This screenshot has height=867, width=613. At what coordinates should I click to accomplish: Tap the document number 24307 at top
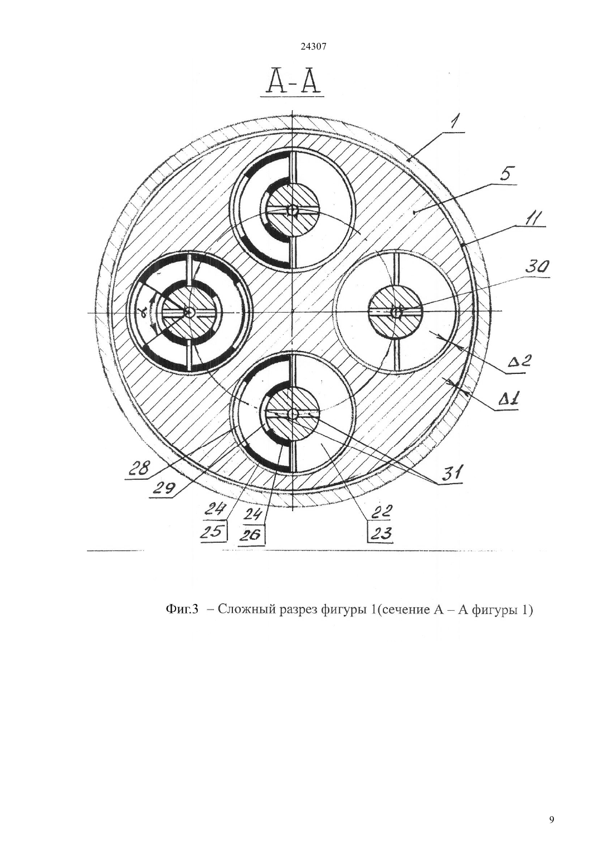[x=314, y=47]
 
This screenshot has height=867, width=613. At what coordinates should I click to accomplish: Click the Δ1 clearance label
[x=510, y=398]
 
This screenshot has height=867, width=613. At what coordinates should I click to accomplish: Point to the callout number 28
[x=139, y=469]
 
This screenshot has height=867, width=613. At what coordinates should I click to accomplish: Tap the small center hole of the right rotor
[x=396, y=311]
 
